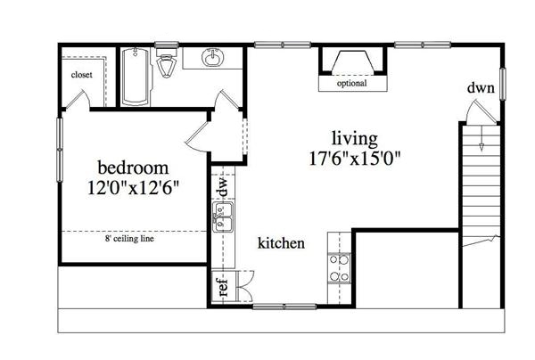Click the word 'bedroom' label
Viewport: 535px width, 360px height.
[133, 168]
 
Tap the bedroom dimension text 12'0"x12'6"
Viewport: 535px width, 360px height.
[133, 188]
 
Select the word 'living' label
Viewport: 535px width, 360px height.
[354, 138]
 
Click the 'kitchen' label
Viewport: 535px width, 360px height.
[282, 243]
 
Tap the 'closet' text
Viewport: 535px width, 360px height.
[82, 74]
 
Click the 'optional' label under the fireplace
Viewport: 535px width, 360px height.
[352, 85]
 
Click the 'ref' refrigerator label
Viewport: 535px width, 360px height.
[223, 289]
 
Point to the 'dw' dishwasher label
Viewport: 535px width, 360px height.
[222, 186]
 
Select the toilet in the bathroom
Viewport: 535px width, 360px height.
[166, 66]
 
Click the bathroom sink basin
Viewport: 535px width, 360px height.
[214, 59]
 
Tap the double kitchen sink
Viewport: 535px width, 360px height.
[222, 217]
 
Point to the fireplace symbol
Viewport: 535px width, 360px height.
[353, 62]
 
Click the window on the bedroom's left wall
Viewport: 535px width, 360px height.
[61, 143]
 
